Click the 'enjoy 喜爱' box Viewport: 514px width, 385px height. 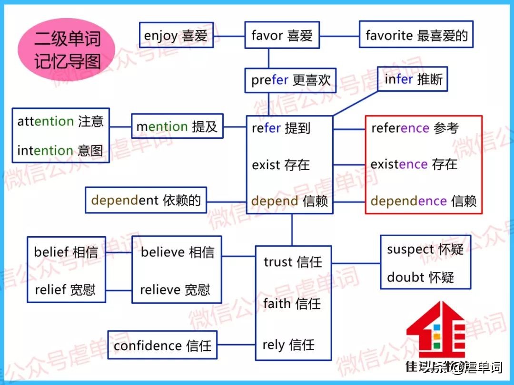click(176, 35)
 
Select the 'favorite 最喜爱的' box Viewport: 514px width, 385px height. click(416, 34)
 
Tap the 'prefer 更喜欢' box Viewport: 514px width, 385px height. click(290, 80)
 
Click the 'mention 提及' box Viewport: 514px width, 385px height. click(177, 126)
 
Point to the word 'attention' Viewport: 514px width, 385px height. click(45, 121)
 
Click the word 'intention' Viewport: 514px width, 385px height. click(45, 151)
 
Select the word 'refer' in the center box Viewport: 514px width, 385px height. click(266, 128)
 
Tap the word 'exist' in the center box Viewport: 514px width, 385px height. click(266, 165)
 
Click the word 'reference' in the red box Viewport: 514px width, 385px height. click(400, 128)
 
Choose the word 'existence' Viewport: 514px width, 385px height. click(399, 164)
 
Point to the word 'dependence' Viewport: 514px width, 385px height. click(408, 201)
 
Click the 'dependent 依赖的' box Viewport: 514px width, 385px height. click(146, 200)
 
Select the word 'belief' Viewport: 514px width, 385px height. click(51, 252)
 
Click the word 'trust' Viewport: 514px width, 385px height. click(278, 262)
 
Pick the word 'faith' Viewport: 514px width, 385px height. click(277, 303)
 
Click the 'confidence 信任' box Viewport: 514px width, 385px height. click(162, 345)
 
